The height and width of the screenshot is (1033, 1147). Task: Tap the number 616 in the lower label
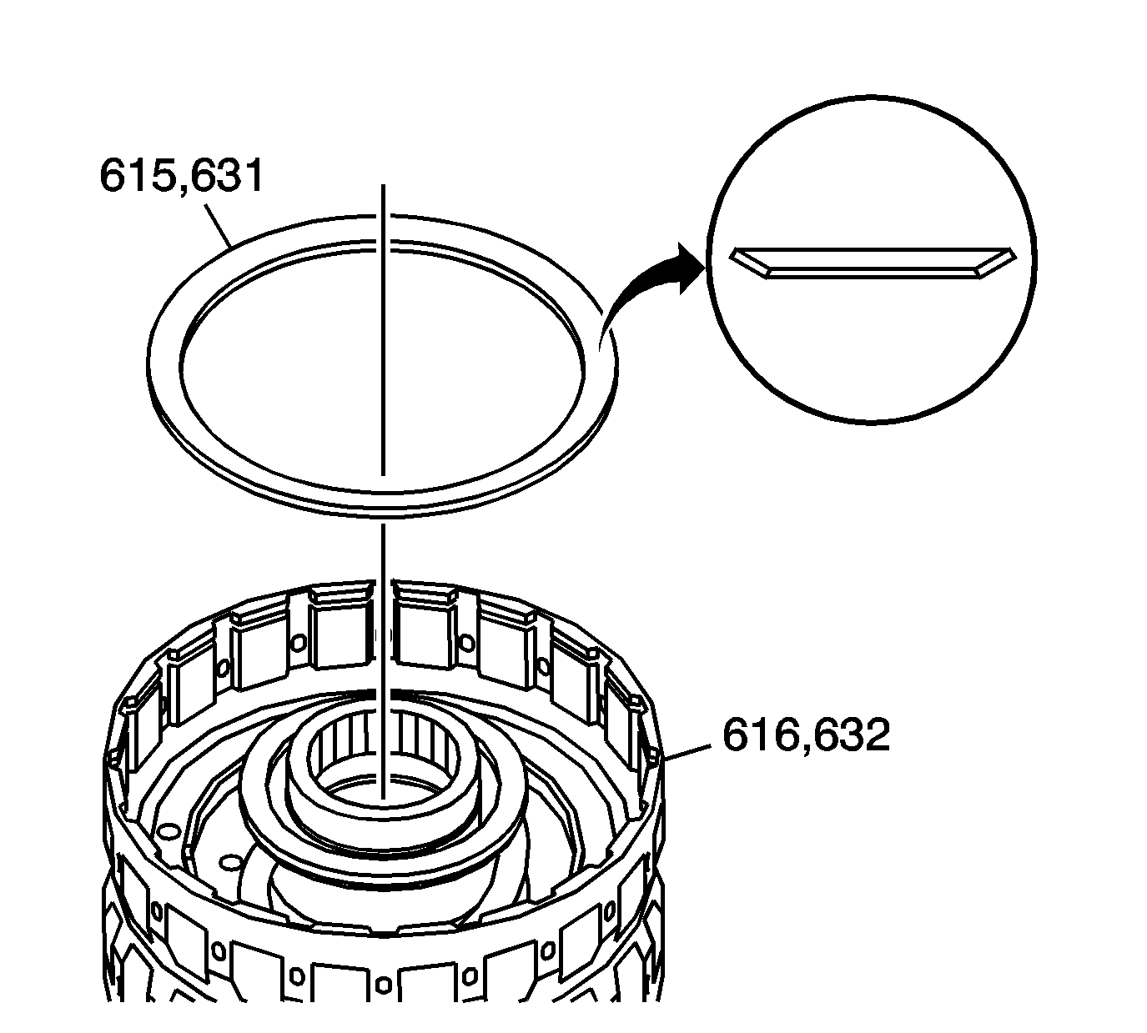tap(757, 735)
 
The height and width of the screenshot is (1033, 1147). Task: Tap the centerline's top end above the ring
tap(383, 188)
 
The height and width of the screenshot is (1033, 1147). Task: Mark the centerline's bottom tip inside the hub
tap(383, 799)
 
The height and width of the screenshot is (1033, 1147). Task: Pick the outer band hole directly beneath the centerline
tap(383, 985)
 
